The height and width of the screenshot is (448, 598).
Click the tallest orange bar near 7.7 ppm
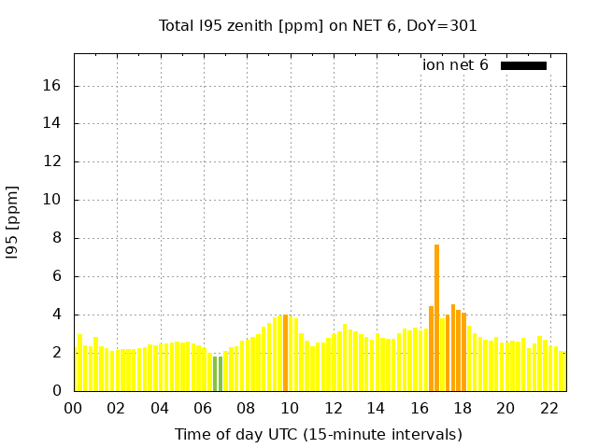point(436,317)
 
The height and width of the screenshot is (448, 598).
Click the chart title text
point(318,26)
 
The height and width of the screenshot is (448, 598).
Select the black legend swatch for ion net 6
point(523,65)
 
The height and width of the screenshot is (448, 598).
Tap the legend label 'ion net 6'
point(455,65)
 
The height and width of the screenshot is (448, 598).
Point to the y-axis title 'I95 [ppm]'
point(13,222)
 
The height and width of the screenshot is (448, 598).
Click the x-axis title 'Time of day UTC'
point(318,434)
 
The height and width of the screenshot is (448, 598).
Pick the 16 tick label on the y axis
point(52,86)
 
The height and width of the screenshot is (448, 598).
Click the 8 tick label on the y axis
point(56,238)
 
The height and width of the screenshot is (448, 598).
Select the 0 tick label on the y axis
point(56,391)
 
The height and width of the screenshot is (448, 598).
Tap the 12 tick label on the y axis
point(52,161)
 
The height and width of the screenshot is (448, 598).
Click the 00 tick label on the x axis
point(73,409)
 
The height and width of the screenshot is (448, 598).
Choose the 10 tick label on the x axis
point(290,409)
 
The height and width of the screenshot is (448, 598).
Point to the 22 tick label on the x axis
point(548,409)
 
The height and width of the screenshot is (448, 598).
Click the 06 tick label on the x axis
point(203,409)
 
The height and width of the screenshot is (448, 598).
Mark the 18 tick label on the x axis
point(463,409)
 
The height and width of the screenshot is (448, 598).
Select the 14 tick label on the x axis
point(376,409)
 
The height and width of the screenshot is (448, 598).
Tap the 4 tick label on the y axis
point(56,315)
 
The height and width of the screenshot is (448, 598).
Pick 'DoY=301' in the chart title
point(447,26)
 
